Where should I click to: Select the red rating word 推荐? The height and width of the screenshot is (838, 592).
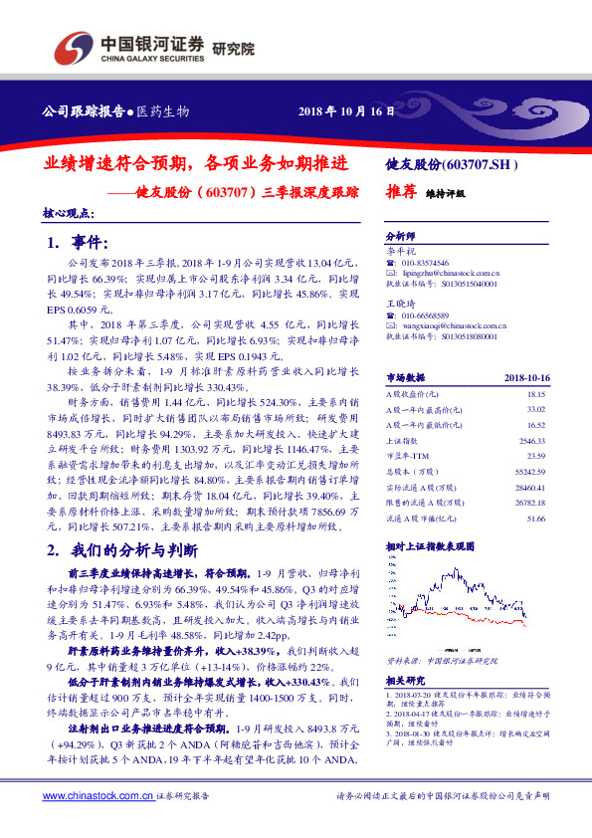point(400,195)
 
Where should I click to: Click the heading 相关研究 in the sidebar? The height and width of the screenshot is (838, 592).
point(402,681)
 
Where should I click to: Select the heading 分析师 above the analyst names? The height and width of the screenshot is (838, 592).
point(399,237)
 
